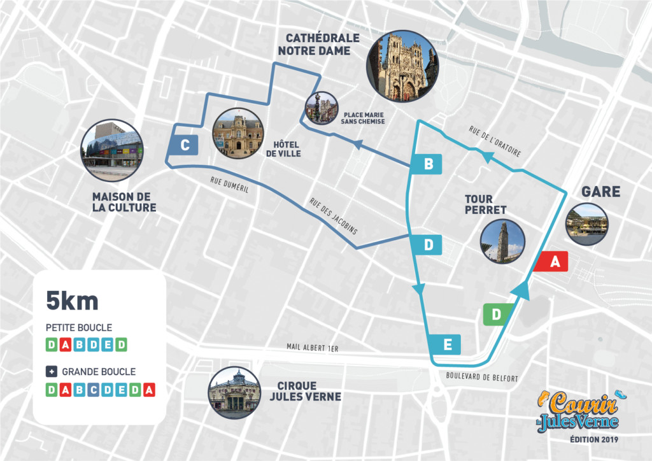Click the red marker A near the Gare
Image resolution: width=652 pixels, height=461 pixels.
pyautogui.click(x=551, y=262)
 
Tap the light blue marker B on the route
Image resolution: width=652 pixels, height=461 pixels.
pyautogui.click(x=428, y=165)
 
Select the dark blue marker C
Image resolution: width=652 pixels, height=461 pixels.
pyautogui.click(x=184, y=146)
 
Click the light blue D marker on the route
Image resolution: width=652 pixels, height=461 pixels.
pyautogui.click(x=428, y=245)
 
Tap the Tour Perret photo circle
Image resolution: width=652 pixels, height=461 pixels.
pyautogui.click(x=503, y=242)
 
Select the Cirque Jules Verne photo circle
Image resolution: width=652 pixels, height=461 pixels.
pyautogui.click(x=234, y=392)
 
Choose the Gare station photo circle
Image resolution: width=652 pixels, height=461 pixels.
pyautogui.click(x=586, y=225)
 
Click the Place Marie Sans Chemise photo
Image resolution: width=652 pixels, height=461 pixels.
pyautogui.click(x=321, y=108)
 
